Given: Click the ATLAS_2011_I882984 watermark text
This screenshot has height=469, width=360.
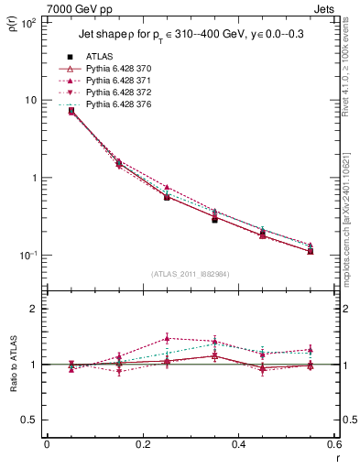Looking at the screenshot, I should coord(190,274).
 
